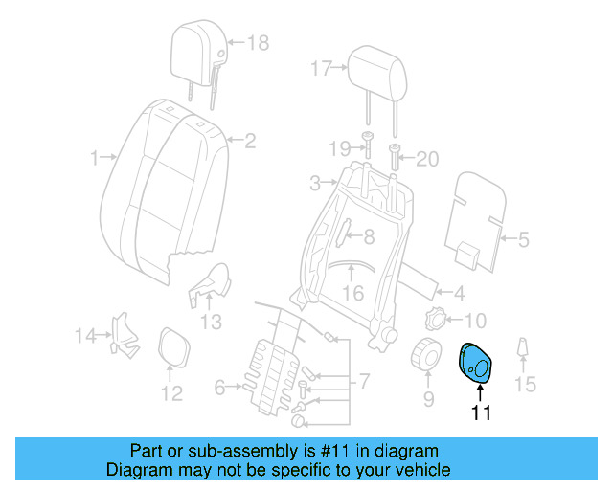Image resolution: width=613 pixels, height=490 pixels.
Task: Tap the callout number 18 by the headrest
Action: [x=259, y=42]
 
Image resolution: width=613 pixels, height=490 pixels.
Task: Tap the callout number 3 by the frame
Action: [x=316, y=182]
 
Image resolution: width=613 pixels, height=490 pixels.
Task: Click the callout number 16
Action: [x=353, y=293]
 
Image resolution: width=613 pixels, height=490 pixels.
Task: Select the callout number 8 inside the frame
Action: [x=368, y=234]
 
